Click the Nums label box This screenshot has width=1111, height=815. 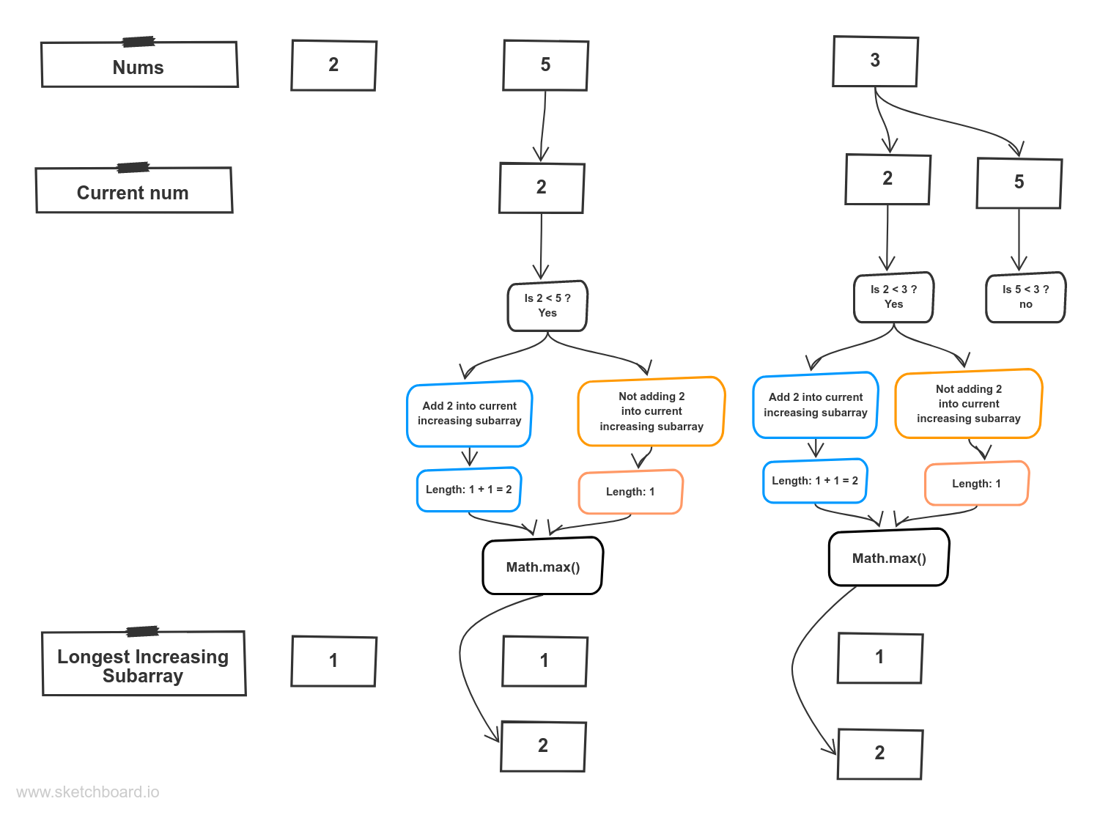pyautogui.click(x=139, y=65)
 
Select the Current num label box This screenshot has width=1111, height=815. pyautogui.click(x=133, y=191)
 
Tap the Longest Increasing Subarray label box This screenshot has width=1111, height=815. pyautogui.click(x=144, y=665)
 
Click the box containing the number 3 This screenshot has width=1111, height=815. pyautogui.click(x=875, y=62)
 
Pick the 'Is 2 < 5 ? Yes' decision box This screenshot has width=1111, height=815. pyautogui.click(x=547, y=306)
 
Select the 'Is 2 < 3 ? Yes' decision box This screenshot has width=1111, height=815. pyautogui.click(x=893, y=298)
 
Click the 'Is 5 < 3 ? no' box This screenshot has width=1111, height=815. pyautogui.click(x=1025, y=298)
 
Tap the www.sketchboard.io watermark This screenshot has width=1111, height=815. pyautogui.click(x=87, y=792)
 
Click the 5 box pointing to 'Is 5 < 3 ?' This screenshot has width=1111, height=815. pyautogui.click(x=1019, y=182)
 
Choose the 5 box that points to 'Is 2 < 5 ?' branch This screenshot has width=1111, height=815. pyautogui.click(x=545, y=65)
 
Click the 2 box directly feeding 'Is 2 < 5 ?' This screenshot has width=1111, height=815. pyautogui.click(x=541, y=188)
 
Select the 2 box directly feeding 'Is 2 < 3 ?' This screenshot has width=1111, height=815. pyautogui.click(x=887, y=179)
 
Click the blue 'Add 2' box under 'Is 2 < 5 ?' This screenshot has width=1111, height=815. pyautogui.click(x=469, y=413)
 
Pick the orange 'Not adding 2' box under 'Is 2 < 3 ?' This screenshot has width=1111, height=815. pyautogui.click(x=968, y=404)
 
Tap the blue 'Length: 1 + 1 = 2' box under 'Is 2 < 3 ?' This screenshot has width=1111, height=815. pyautogui.click(x=815, y=481)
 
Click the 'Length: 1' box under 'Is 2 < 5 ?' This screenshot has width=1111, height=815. pyautogui.click(x=630, y=492)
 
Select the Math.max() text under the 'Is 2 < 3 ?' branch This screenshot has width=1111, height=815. pyautogui.click(x=889, y=558)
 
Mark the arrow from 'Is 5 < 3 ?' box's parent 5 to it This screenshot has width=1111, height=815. pyautogui.click(x=1019, y=240)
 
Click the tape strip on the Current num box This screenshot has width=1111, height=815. pyautogui.click(x=133, y=168)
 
